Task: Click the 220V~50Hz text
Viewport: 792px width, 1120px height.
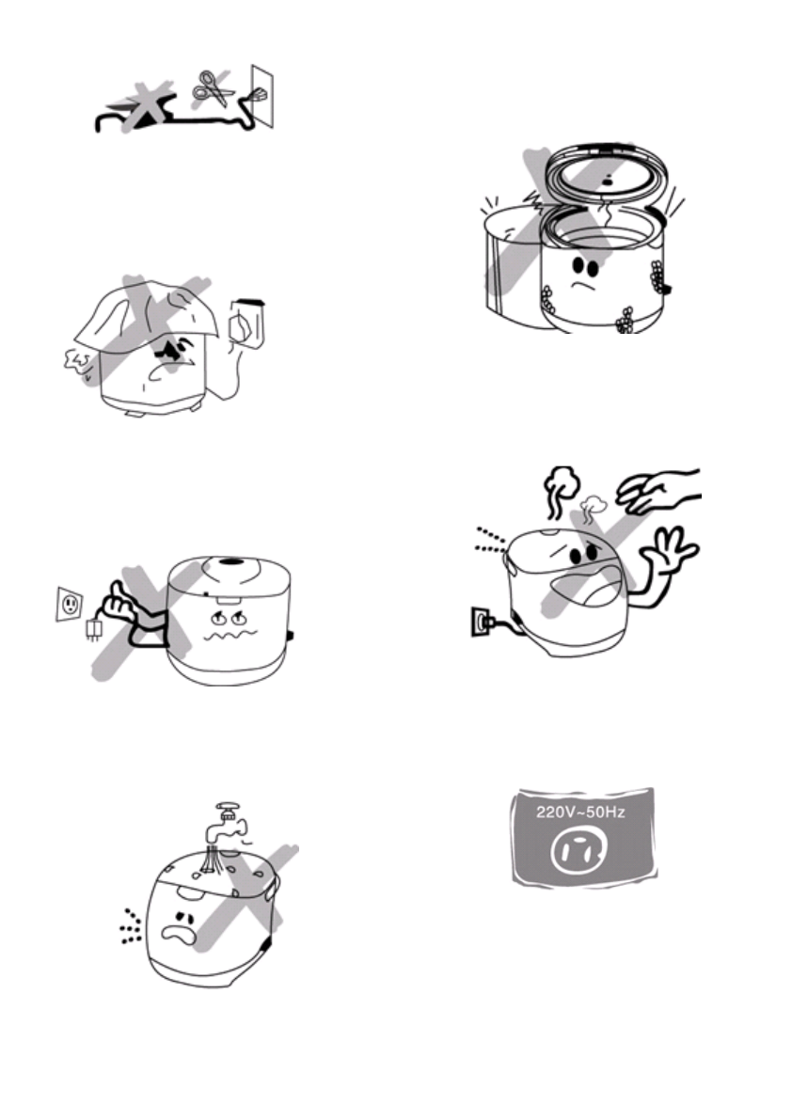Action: [x=580, y=812]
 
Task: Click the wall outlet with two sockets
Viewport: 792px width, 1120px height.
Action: [x=70, y=604]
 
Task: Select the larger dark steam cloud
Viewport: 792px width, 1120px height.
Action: [x=562, y=489]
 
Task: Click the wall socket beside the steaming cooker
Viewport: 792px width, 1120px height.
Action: [x=481, y=620]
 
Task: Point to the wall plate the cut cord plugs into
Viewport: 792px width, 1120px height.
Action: [x=262, y=97]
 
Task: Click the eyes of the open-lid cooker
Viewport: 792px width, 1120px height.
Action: [x=585, y=267]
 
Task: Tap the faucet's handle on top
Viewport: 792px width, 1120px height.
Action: [x=228, y=807]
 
